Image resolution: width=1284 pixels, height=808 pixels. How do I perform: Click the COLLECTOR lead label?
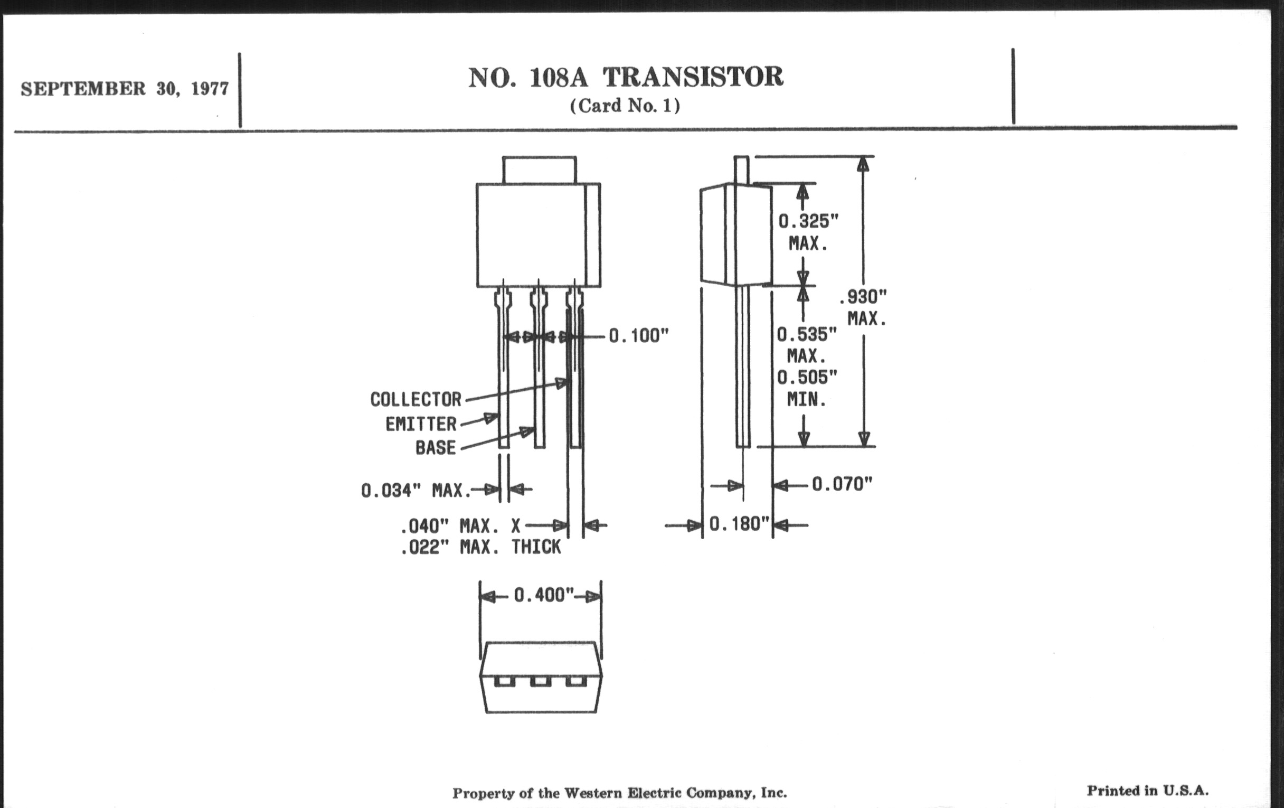coord(416,399)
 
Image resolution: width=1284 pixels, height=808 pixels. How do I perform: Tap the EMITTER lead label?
coord(421,424)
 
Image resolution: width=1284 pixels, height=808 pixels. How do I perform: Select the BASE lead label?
coord(435,447)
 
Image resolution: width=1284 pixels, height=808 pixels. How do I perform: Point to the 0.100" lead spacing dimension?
coord(638,336)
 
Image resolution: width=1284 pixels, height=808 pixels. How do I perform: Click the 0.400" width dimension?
coord(543,595)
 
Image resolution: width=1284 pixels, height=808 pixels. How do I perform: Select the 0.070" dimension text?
coord(842,484)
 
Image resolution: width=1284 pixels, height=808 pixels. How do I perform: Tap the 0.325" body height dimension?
coord(808,221)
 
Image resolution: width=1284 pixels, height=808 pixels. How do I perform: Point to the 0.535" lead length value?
coord(806,335)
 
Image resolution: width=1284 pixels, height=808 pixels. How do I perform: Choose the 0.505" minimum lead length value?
coord(807,378)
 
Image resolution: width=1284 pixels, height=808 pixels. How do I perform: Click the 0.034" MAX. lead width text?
coord(416,490)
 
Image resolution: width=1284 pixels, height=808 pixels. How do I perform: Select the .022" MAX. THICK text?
coord(480,547)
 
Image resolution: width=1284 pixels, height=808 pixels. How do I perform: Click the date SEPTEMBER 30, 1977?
coord(125,89)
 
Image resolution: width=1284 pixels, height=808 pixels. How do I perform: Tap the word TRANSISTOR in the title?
coord(693,77)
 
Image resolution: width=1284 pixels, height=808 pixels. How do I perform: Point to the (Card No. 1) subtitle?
coord(625,106)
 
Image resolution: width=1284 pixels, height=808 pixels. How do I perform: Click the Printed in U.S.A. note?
coord(1147,791)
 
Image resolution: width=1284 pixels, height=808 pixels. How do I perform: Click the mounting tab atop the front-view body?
coord(539,170)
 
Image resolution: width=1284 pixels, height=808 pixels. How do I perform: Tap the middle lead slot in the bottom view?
coord(540,681)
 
